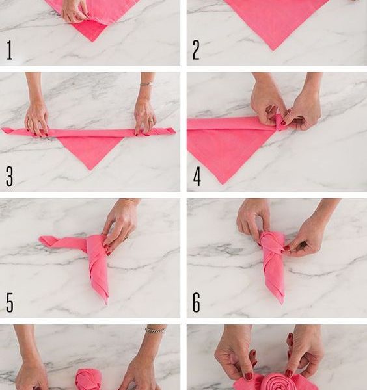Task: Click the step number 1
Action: click(10, 50)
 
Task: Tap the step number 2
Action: click(196, 50)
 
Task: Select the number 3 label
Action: click(9, 176)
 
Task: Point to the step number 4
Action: click(197, 176)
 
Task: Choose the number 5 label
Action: click(10, 303)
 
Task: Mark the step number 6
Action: click(197, 303)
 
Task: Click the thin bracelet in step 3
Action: click(146, 84)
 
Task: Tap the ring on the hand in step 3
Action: click(152, 120)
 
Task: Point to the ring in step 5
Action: click(126, 237)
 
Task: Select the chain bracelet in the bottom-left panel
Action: click(155, 330)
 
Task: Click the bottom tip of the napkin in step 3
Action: click(90, 170)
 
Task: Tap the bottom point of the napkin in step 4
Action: click(223, 184)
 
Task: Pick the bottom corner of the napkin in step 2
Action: click(273, 50)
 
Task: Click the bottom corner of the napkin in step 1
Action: click(92, 42)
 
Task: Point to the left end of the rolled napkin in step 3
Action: click(3, 130)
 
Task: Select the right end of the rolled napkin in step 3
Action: click(175, 131)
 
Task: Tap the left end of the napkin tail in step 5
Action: click(40, 239)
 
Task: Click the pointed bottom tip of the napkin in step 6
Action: click(282, 303)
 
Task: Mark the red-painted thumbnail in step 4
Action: click(283, 122)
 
